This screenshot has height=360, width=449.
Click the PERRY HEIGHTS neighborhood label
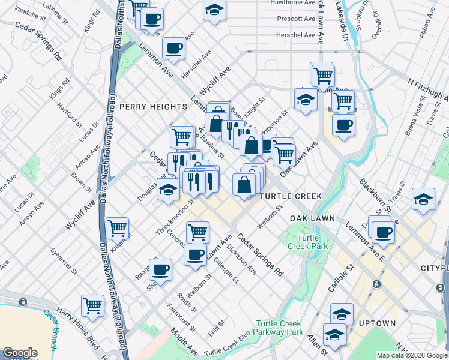[x=153, y=106]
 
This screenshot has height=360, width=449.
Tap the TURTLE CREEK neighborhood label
[x=291, y=196]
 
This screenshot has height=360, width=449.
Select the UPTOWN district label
[x=377, y=323]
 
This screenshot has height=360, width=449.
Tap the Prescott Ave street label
[x=296, y=19]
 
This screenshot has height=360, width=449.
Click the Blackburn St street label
[x=375, y=191]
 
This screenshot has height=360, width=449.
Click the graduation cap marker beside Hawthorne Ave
[x=214, y=10]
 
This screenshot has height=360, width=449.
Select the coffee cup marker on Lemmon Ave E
[x=382, y=232]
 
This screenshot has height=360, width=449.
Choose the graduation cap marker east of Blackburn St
[x=423, y=200]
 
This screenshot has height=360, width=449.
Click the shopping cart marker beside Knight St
[x=117, y=227]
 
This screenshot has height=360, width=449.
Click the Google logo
[x=20, y=353]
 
